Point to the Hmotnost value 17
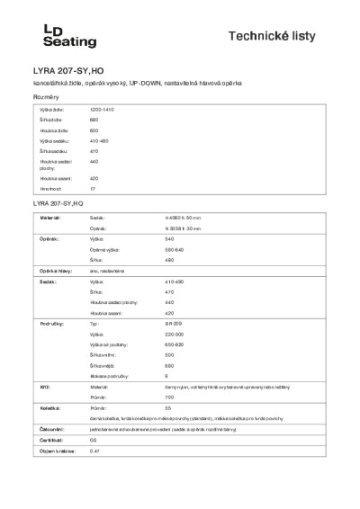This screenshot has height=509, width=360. click(x=92, y=190)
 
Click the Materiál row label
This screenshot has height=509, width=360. click(x=49, y=218)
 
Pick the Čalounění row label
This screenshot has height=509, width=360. click(x=50, y=429)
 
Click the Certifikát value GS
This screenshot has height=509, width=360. click(x=93, y=440)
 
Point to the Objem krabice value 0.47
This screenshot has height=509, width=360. click(x=94, y=451)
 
